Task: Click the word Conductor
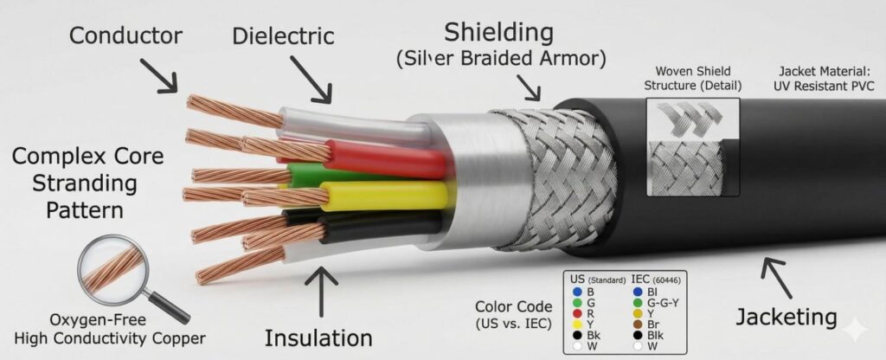click(125, 35)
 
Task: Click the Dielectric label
click(283, 36)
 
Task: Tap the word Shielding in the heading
click(498, 34)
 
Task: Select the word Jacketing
click(786, 317)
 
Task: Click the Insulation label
click(318, 338)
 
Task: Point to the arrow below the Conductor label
click(159, 75)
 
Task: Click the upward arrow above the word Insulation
click(321, 292)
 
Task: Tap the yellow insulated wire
click(384, 196)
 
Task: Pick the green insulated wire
click(317, 175)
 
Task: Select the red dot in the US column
click(577, 313)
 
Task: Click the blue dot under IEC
click(638, 292)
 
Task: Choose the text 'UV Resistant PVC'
click(826, 87)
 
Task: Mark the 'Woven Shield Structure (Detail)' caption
click(693, 79)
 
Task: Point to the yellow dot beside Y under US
click(577, 325)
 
